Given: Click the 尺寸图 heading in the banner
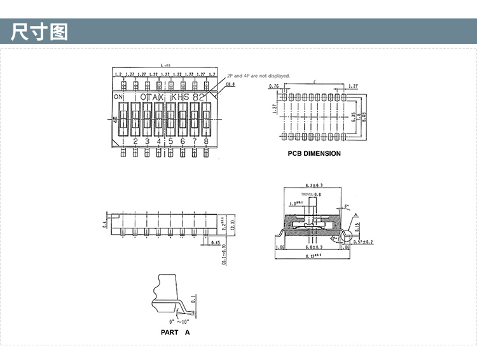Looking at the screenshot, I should coord(39,31).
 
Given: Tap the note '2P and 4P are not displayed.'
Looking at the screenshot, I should coord(258,76).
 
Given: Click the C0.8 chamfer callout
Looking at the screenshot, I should coord(230,84).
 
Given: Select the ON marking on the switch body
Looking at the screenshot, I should coord(118,97).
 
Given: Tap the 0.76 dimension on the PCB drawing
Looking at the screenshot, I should coord(274,86).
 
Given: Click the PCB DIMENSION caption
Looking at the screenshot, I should coord(314,153).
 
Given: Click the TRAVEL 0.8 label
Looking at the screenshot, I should coord(311,194).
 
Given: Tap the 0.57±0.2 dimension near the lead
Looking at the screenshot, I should coord(363,242).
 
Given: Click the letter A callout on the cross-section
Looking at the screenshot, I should coord(357,215).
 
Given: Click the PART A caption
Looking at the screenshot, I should coord(175,332).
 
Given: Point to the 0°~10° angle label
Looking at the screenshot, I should coord(174,323).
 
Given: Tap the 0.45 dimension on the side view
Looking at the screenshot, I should coord(216,242).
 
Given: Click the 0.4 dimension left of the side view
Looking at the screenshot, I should coord(104,223).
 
